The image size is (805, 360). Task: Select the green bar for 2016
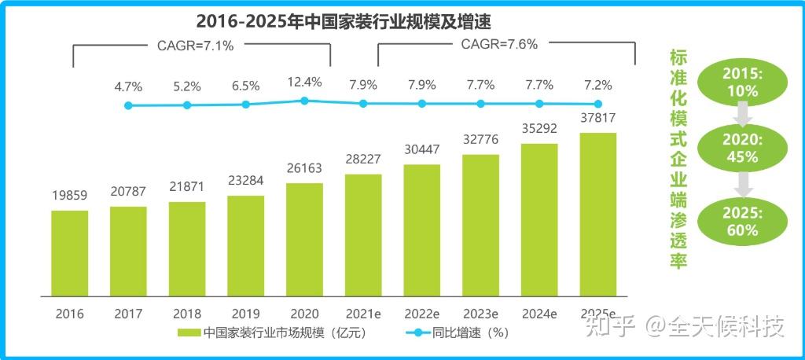(x=70, y=253)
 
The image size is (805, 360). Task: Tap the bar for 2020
(x=305, y=240)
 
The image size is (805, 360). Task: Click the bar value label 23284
(x=246, y=182)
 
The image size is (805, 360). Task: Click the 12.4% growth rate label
(x=304, y=81)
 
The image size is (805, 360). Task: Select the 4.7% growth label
(x=127, y=85)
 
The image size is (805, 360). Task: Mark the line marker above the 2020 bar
(x=305, y=101)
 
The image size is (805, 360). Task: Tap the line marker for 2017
(x=128, y=105)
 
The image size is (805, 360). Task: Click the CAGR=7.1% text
(x=190, y=45)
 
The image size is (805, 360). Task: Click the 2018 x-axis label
(x=187, y=314)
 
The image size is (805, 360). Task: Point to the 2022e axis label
(x=422, y=314)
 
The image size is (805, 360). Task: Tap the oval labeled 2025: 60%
(x=742, y=222)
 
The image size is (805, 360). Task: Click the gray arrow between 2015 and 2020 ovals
(x=742, y=116)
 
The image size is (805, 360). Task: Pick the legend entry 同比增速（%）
(x=456, y=332)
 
